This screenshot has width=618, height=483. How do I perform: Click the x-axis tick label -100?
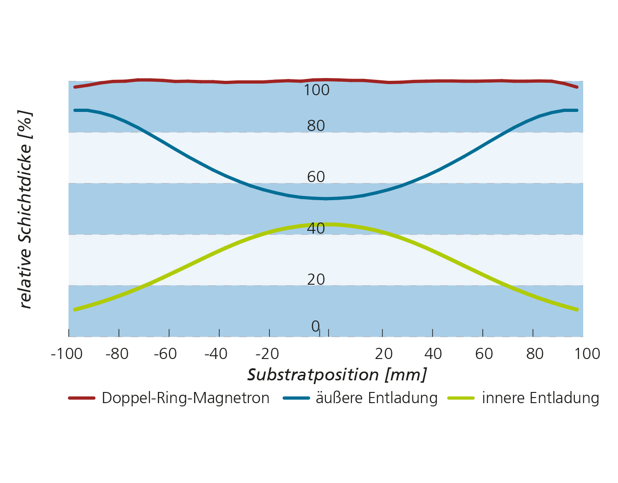click(x=66, y=354)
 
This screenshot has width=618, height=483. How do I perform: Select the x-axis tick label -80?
click(x=117, y=354)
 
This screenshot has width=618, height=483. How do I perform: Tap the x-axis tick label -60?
click(x=165, y=354)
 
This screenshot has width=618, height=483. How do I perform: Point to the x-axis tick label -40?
click(x=216, y=354)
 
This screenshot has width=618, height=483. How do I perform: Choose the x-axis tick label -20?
click(x=267, y=354)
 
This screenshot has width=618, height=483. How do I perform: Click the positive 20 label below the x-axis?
click(x=384, y=354)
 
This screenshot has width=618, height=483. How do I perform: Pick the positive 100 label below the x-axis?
click(x=587, y=354)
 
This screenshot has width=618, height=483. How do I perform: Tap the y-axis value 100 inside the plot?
click(x=317, y=90)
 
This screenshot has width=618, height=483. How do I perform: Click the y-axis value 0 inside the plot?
click(x=315, y=326)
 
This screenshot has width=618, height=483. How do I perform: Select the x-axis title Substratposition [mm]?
click(x=337, y=375)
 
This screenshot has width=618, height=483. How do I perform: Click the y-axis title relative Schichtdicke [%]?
click(x=25, y=209)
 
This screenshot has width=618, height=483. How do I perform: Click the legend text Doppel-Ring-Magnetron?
click(x=185, y=398)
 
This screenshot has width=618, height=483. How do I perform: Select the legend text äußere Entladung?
click(x=376, y=398)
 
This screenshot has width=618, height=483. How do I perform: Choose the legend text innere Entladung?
click(x=540, y=398)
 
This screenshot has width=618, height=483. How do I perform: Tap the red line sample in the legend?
click(x=81, y=398)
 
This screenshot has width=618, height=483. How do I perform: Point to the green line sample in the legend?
click(x=461, y=398)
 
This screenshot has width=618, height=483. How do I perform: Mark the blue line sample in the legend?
click(x=296, y=398)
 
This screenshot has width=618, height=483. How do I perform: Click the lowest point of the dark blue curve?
click(x=325, y=199)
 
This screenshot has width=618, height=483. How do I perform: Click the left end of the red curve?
click(x=75, y=87)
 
